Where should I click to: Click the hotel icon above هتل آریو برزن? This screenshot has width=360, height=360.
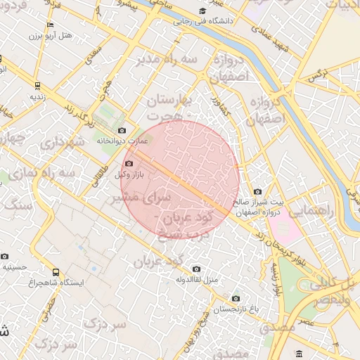click(49, 25)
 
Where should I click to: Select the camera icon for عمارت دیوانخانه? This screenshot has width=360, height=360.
click(122, 130)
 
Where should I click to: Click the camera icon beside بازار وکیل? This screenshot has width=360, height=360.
click(128, 164)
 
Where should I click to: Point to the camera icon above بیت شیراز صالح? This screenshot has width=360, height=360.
click(257, 192)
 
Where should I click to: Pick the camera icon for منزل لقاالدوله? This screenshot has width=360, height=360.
click(196, 269)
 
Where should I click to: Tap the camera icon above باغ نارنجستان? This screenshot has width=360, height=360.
click(236, 298)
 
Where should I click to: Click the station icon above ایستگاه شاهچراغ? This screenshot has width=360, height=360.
click(56, 272)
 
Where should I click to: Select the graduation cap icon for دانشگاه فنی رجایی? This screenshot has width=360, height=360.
click(202, 11)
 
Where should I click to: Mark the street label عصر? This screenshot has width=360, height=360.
click(304, 321)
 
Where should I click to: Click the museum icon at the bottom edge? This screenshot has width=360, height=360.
click(300, 353)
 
